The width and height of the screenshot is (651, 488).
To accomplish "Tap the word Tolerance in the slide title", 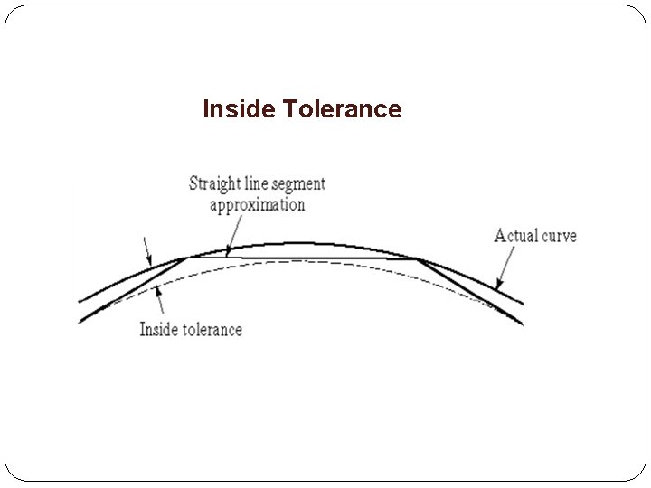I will click(x=342, y=110).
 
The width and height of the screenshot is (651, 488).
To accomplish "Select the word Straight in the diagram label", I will click(x=214, y=184).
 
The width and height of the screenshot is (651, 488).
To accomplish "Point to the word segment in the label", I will click(x=297, y=184).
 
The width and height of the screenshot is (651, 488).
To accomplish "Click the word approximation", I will click(x=258, y=205).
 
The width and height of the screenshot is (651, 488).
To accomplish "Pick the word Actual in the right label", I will click(x=516, y=236).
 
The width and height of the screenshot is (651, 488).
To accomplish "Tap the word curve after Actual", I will click(x=559, y=237).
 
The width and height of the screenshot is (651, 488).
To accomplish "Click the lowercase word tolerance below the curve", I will click(x=210, y=329).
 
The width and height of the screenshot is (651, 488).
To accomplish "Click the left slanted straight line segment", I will click(x=136, y=288).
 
